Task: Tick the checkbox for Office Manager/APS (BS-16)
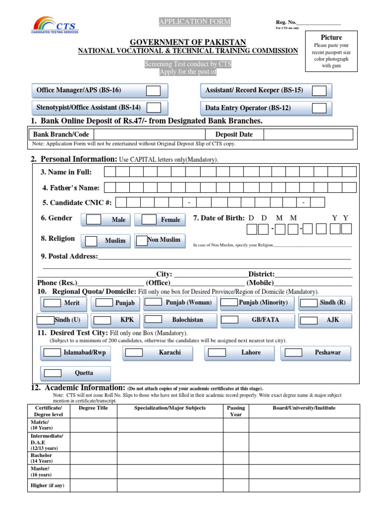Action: pyautogui.click(x=153, y=91)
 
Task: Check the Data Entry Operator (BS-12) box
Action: pyautogui.click(x=319, y=108)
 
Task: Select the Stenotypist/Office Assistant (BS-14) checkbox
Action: pyautogui.click(x=154, y=108)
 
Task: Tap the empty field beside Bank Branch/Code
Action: pyautogui.click(x=150, y=135)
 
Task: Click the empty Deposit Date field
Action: pyautogui.click(x=308, y=135)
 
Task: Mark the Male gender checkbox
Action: pyautogui.click(x=94, y=219)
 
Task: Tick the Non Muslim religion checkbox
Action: pyautogui.click(x=142, y=240)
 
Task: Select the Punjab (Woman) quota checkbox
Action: pyautogui.click(x=154, y=302)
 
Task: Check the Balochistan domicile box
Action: pyautogui.click(x=153, y=320)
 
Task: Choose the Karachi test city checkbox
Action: pyautogui.click(x=134, y=353)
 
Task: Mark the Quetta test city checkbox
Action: pyautogui.click(x=52, y=373)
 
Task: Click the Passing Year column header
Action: pyautogui.click(x=236, y=411)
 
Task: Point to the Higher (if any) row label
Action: pyautogui.click(x=47, y=486)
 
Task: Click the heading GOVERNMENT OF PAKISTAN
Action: pyautogui.click(x=188, y=42)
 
